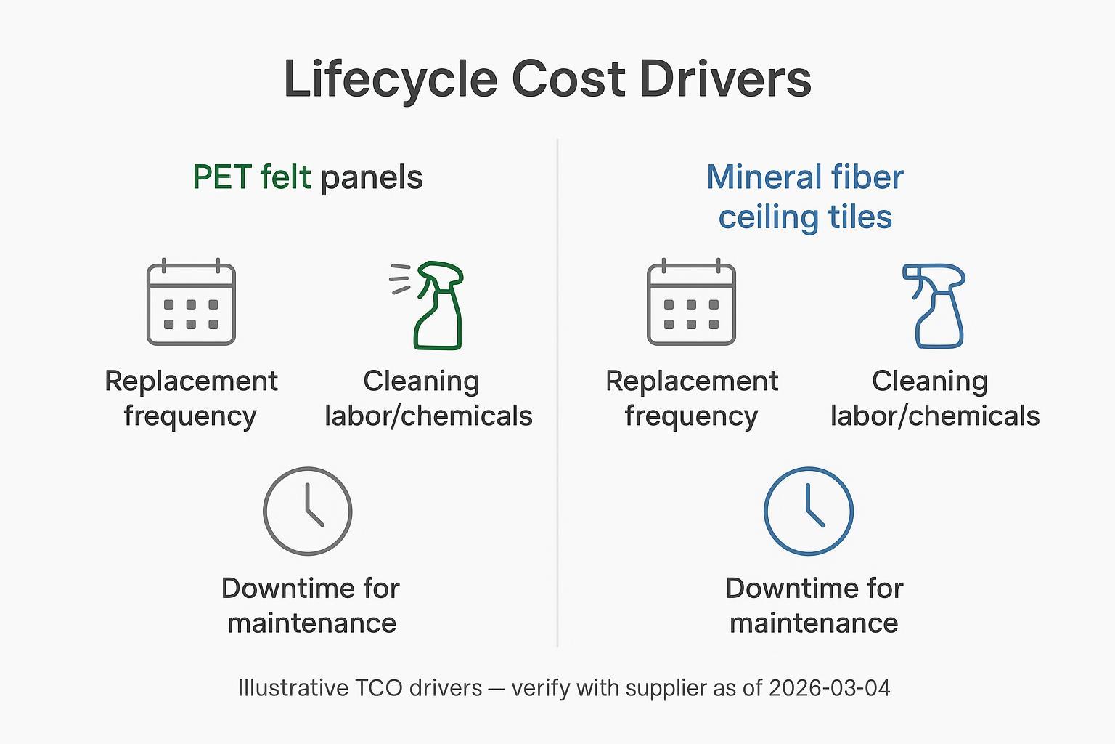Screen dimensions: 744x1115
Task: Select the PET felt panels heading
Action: (x=307, y=177)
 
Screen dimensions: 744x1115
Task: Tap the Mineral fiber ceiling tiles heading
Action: (x=805, y=197)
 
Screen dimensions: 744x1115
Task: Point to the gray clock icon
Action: (x=308, y=511)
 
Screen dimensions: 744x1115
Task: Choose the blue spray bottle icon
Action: (x=936, y=306)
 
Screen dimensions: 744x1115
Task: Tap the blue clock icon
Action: (x=808, y=511)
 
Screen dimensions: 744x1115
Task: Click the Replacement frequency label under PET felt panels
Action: (x=191, y=398)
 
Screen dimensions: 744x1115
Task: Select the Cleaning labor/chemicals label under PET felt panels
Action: (x=428, y=398)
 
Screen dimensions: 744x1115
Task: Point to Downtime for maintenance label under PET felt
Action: (x=311, y=605)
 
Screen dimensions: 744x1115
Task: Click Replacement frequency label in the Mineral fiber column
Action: (x=691, y=398)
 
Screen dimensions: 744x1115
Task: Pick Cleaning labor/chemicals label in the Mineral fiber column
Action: (x=934, y=398)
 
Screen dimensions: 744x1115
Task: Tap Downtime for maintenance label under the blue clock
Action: (x=814, y=605)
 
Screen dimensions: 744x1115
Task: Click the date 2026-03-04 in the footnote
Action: (x=829, y=687)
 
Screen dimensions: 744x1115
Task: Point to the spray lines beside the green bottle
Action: (x=400, y=279)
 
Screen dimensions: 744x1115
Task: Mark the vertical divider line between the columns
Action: (x=557, y=392)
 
